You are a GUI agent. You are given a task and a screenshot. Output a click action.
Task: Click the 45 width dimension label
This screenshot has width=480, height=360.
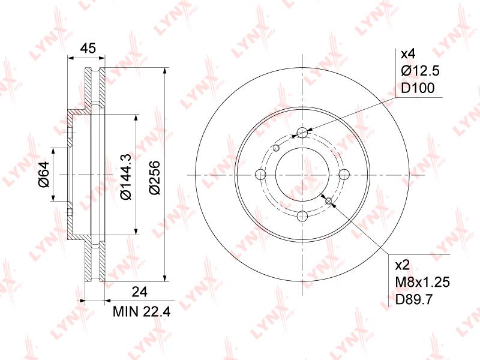click(88, 48)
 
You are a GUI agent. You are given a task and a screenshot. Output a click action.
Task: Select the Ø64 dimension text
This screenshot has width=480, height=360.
click(44, 174)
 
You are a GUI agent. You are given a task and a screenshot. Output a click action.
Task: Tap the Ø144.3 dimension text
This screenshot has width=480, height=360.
click(126, 176)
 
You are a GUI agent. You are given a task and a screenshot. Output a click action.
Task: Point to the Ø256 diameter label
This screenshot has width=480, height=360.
click(155, 177)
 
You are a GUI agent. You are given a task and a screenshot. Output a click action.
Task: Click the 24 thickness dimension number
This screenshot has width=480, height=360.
click(139, 292)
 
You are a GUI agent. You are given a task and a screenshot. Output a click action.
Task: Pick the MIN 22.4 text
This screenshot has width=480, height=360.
click(142, 311)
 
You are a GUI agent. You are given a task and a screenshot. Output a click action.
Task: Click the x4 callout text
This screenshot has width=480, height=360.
click(408, 54)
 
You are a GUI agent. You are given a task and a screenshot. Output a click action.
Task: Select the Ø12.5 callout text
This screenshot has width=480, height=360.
click(421, 71)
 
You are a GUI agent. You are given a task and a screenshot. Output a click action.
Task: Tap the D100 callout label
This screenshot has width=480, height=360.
click(418, 88)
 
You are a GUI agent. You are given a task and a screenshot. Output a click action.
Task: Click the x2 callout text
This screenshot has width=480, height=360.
click(402, 265)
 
